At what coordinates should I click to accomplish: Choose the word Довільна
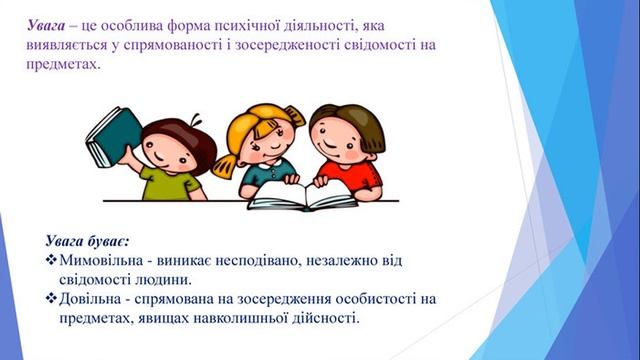(95, 298)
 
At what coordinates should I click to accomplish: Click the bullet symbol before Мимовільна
(51, 260)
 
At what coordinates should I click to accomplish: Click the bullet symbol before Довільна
(51, 298)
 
